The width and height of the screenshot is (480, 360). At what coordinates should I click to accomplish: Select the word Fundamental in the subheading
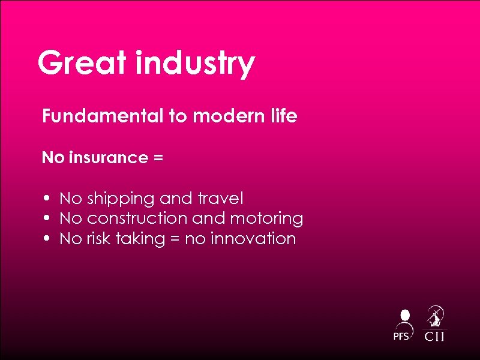click(103, 116)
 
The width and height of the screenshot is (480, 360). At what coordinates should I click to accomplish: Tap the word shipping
click(121, 199)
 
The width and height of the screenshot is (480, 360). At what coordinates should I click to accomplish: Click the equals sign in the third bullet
click(173, 239)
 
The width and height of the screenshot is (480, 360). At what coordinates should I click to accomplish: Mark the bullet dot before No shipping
click(46, 198)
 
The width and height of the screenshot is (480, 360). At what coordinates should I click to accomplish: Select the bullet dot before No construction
click(46, 218)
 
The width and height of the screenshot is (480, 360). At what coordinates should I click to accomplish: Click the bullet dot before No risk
click(46, 239)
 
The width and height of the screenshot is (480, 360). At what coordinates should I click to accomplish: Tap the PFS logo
click(403, 325)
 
